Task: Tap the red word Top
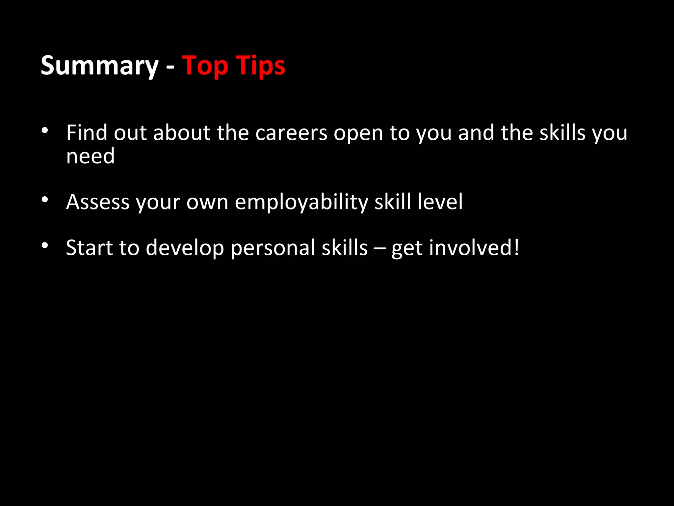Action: click(x=205, y=66)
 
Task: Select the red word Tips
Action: click(x=260, y=66)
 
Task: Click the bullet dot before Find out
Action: click(x=45, y=131)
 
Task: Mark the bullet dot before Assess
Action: click(x=45, y=200)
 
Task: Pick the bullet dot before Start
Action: click(x=45, y=245)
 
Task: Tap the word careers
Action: click(x=291, y=133)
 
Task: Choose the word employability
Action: click(x=301, y=202)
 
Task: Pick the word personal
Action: click(x=273, y=248)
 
